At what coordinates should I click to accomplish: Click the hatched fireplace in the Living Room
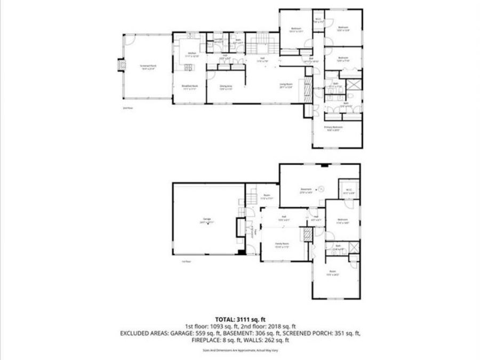(307, 91)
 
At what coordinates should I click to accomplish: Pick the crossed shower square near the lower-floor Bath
(353, 259)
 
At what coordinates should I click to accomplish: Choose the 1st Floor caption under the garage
(186, 262)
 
